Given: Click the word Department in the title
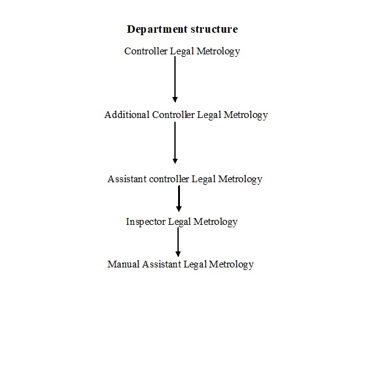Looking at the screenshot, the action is (157, 30).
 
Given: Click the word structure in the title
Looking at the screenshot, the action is (214, 29).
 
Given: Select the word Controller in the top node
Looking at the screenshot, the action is (146, 51).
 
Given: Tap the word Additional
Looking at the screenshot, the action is (127, 115).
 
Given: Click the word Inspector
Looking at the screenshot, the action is (145, 222).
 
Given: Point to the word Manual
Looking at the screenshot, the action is (123, 264).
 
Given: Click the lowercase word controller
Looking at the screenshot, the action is (169, 179).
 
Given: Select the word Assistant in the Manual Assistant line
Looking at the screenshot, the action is (161, 264).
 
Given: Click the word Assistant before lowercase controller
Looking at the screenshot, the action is (127, 179).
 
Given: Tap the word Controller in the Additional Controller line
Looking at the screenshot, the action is (173, 115).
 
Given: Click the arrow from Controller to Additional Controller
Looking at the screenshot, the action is (175, 80).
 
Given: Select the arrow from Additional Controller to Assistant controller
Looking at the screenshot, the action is (175, 143).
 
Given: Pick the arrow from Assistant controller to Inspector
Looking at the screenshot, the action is (179, 199).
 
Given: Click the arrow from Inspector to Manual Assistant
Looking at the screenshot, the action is (178, 242).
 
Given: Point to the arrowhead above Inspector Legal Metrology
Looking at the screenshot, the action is (179, 209).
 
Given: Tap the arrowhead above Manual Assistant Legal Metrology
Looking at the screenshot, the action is (178, 254).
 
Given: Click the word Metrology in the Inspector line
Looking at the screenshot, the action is (215, 222).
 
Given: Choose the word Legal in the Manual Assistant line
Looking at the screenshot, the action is (195, 264).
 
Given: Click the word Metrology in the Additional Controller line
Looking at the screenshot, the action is (245, 115).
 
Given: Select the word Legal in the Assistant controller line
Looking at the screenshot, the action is (203, 180).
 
